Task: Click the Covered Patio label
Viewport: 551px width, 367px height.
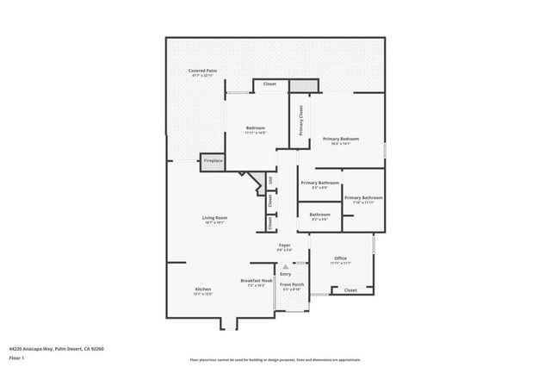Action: coord(203,71)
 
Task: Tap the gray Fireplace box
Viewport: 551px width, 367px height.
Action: coord(213,160)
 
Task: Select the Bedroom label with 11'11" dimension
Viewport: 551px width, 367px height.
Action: coord(255,128)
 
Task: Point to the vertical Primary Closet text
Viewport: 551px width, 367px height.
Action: coord(300,121)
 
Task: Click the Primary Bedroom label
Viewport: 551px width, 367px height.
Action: coord(341,139)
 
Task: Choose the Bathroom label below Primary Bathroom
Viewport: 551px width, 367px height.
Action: coord(319,215)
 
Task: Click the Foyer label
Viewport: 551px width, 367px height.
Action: coord(284,246)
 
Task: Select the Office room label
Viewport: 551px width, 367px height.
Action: coord(340,258)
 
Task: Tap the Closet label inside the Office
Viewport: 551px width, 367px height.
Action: coord(350,290)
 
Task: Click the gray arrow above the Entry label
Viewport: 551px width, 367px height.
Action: coord(285,267)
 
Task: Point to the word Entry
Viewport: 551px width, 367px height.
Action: coord(285,274)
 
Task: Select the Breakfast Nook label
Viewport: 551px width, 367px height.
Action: coord(255,281)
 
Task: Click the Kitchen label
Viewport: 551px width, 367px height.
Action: coord(203,289)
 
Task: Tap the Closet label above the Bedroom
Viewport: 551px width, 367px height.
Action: coord(269,84)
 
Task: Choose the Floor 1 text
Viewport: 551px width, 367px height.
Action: coord(17,357)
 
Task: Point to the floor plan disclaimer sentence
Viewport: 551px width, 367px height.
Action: coord(275,359)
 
